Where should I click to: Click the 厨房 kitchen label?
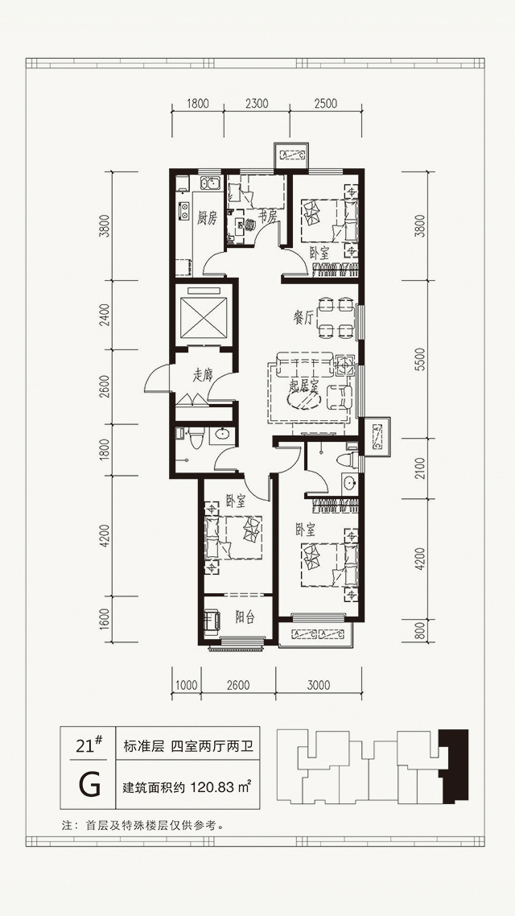[208, 219]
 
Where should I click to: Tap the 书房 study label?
[267, 217]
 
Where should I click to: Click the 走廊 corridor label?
[202, 376]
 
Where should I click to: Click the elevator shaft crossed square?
[204, 316]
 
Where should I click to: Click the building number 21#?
[89, 745]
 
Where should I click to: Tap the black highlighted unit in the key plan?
[455, 765]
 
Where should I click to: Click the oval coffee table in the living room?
[304, 399]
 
